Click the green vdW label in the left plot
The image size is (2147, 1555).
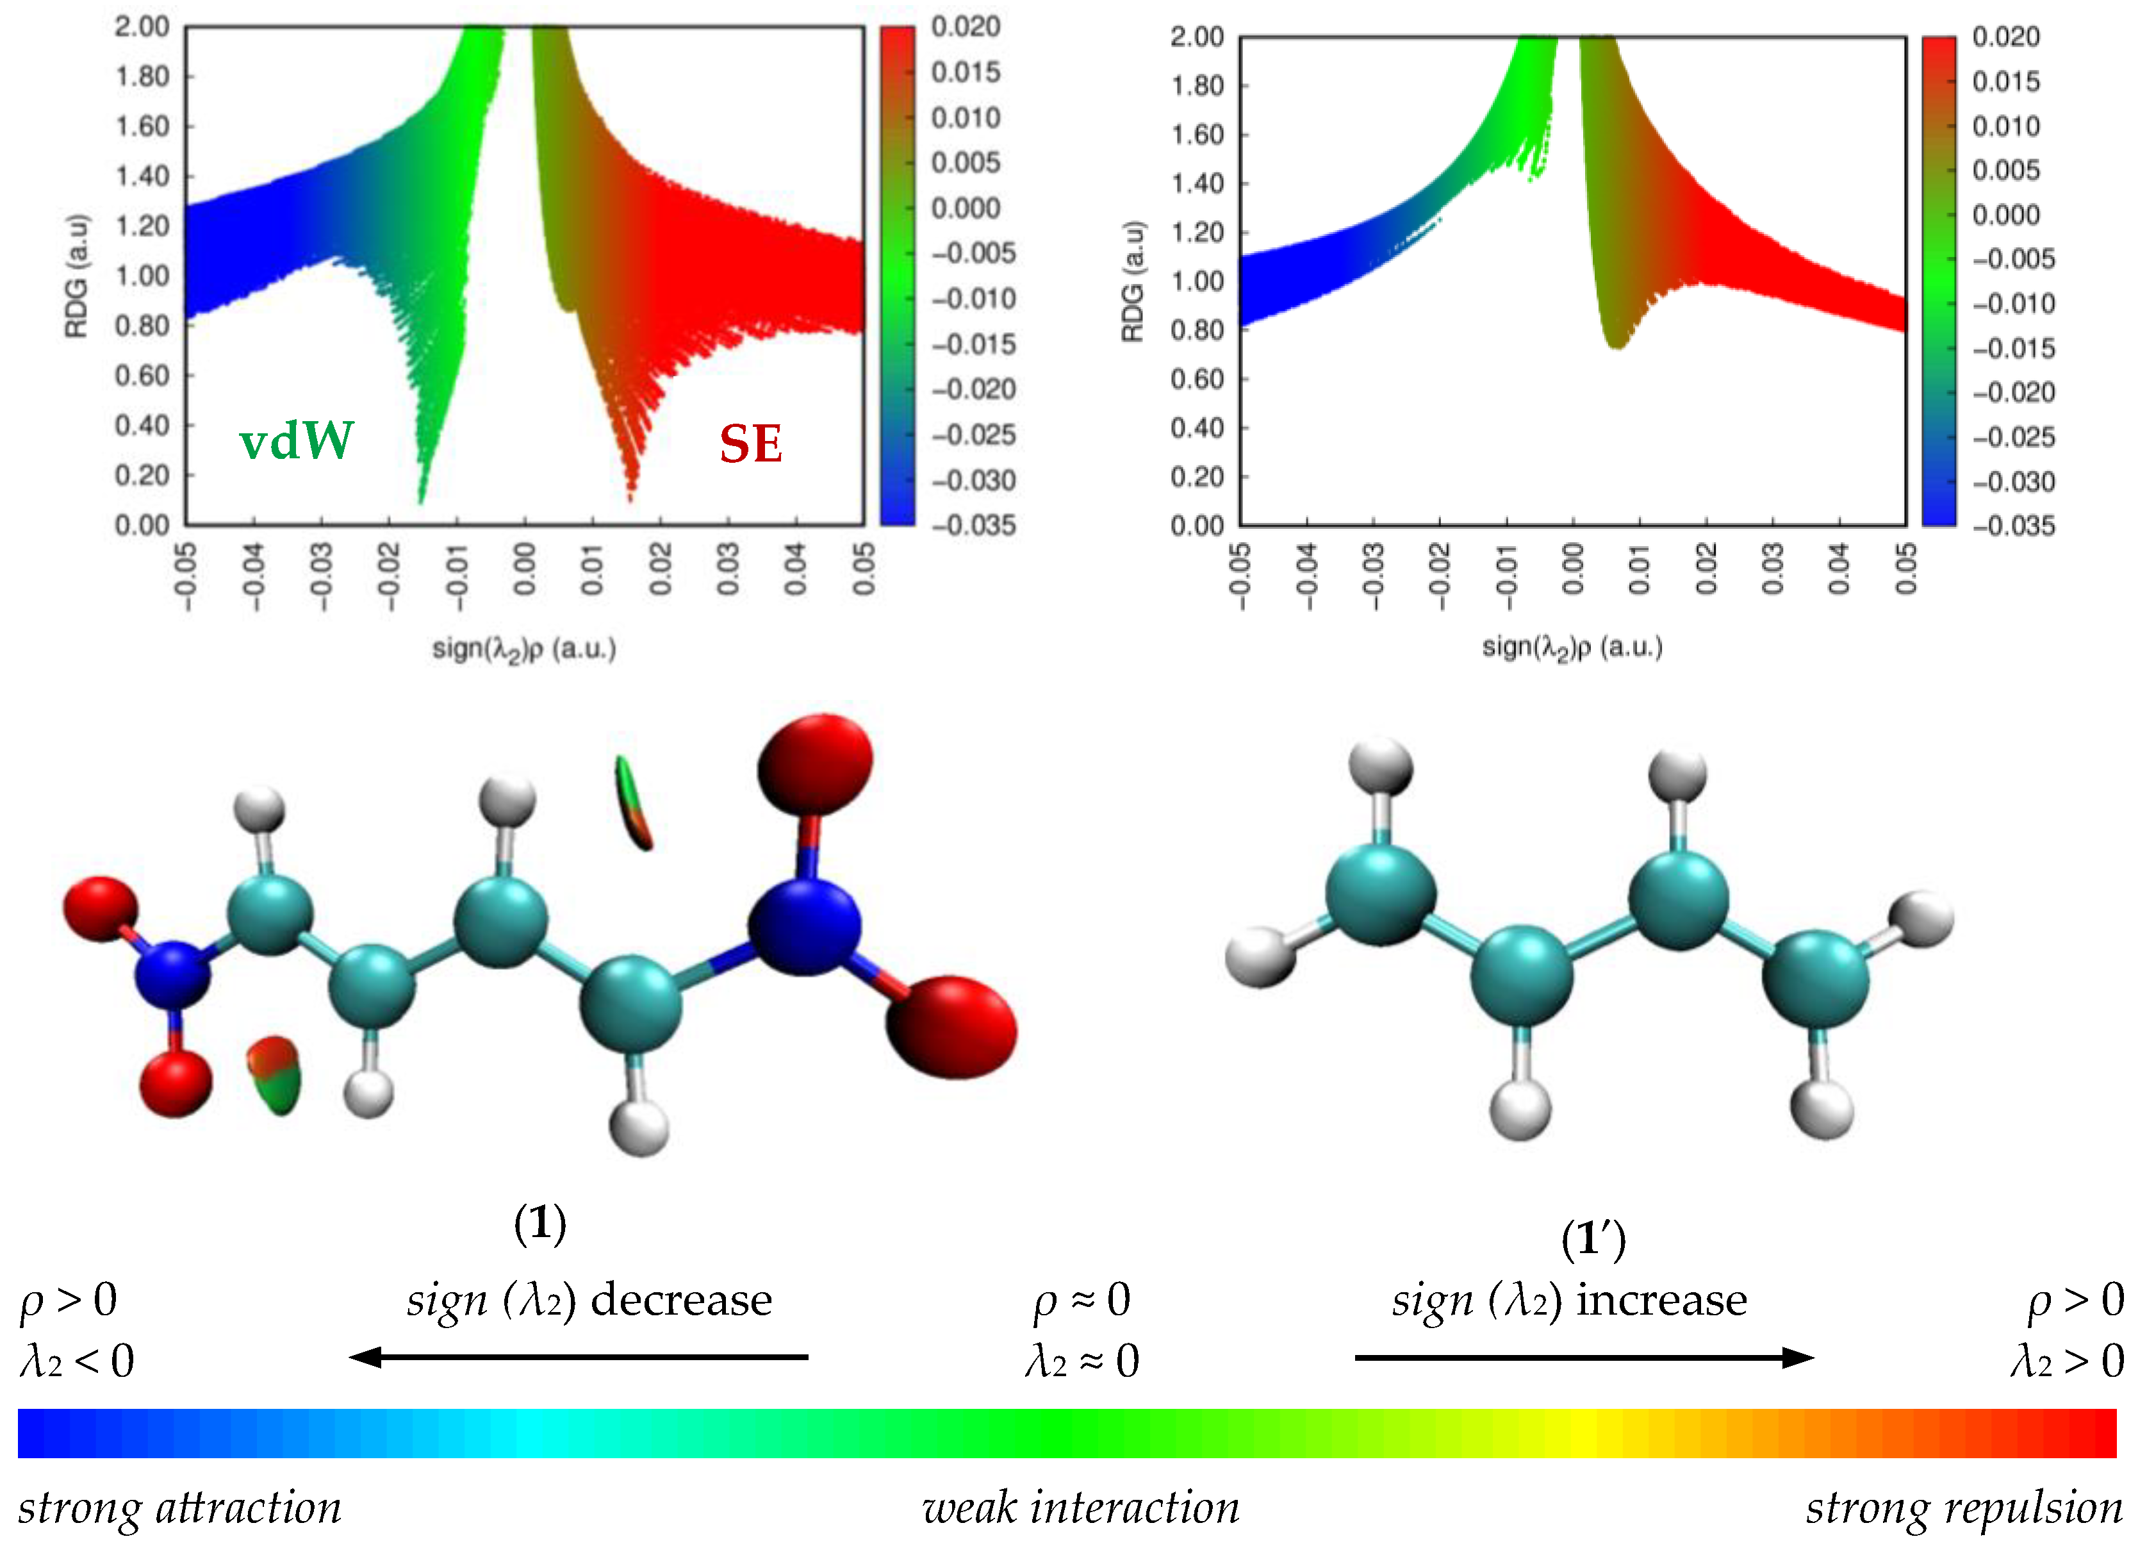point(296,441)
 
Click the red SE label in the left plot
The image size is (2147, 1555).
point(751,444)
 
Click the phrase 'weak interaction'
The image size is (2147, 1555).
point(1080,1508)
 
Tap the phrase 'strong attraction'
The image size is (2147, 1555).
point(180,1508)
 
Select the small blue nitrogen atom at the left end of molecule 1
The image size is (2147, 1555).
point(172,974)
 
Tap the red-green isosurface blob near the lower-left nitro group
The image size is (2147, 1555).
point(274,1075)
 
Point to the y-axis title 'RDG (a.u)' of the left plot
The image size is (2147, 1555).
point(76,276)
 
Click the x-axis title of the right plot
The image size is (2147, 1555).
point(1572,648)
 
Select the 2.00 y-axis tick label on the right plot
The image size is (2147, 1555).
point(1197,37)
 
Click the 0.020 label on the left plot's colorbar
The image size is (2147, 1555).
point(966,26)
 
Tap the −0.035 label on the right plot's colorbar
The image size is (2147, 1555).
point(2014,526)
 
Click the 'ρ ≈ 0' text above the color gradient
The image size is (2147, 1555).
point(1081,1301)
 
